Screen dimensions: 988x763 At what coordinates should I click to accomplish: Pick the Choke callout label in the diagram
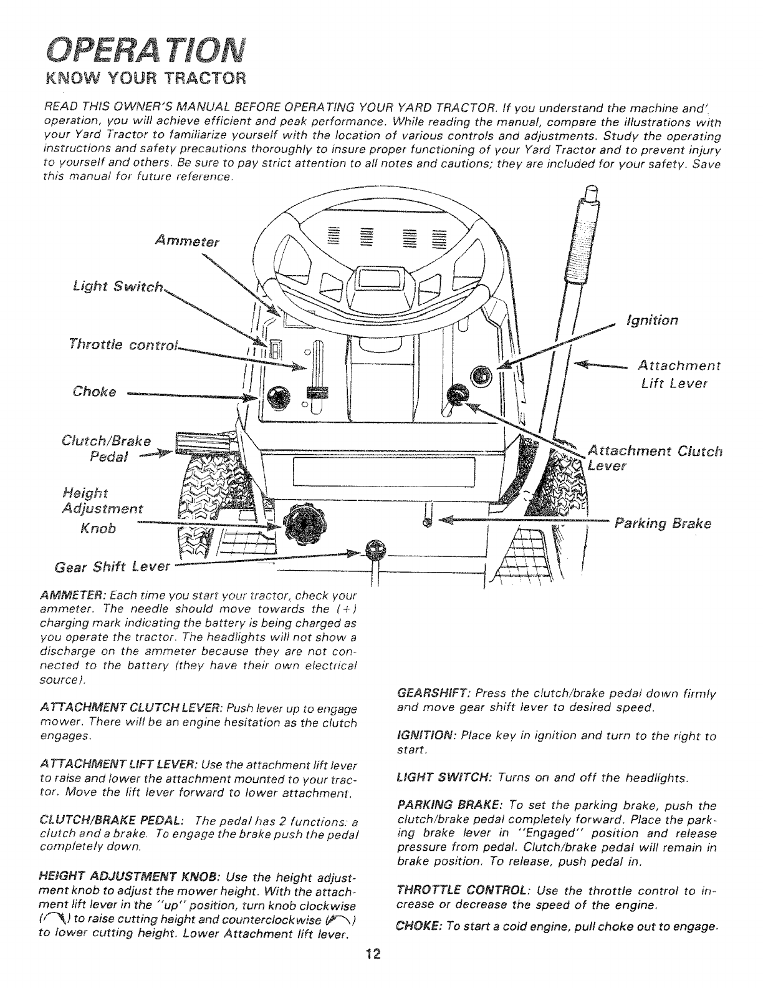click(94, 392)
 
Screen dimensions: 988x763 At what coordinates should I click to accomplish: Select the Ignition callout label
click(653, 321)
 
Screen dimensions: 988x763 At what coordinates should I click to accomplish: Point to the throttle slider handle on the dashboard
click(317, 392)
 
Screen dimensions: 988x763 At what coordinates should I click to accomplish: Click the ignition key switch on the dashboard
click(482, 376)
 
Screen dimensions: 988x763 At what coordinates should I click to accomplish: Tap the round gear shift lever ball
click(375, 549)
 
